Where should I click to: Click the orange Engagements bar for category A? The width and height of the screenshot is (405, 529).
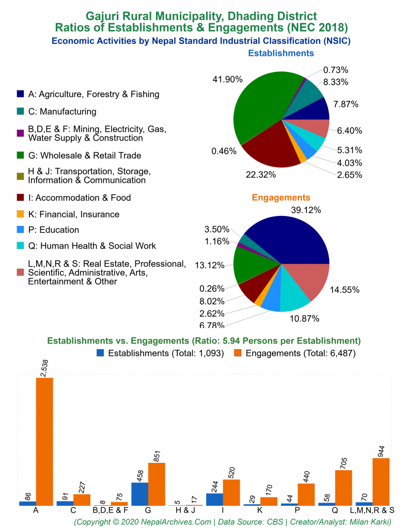click(44, 441)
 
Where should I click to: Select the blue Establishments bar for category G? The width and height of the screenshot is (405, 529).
click(139, 494)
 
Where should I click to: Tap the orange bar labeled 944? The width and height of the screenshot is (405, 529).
click(381, 481)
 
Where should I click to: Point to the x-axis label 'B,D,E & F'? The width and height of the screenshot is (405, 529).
click(110, 510)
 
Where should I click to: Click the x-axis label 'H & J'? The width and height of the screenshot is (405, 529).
click(185, 510)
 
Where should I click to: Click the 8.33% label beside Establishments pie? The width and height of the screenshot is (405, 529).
click(336, 82)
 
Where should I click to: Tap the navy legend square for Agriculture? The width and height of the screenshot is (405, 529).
click(20, 94)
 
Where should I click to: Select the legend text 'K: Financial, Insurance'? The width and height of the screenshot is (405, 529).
click(73, 214)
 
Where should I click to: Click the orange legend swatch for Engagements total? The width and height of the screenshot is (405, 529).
click(238, 353)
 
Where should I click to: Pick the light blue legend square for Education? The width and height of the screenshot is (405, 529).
click(20, 230)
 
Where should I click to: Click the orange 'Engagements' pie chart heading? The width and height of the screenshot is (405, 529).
click(281, 197)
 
